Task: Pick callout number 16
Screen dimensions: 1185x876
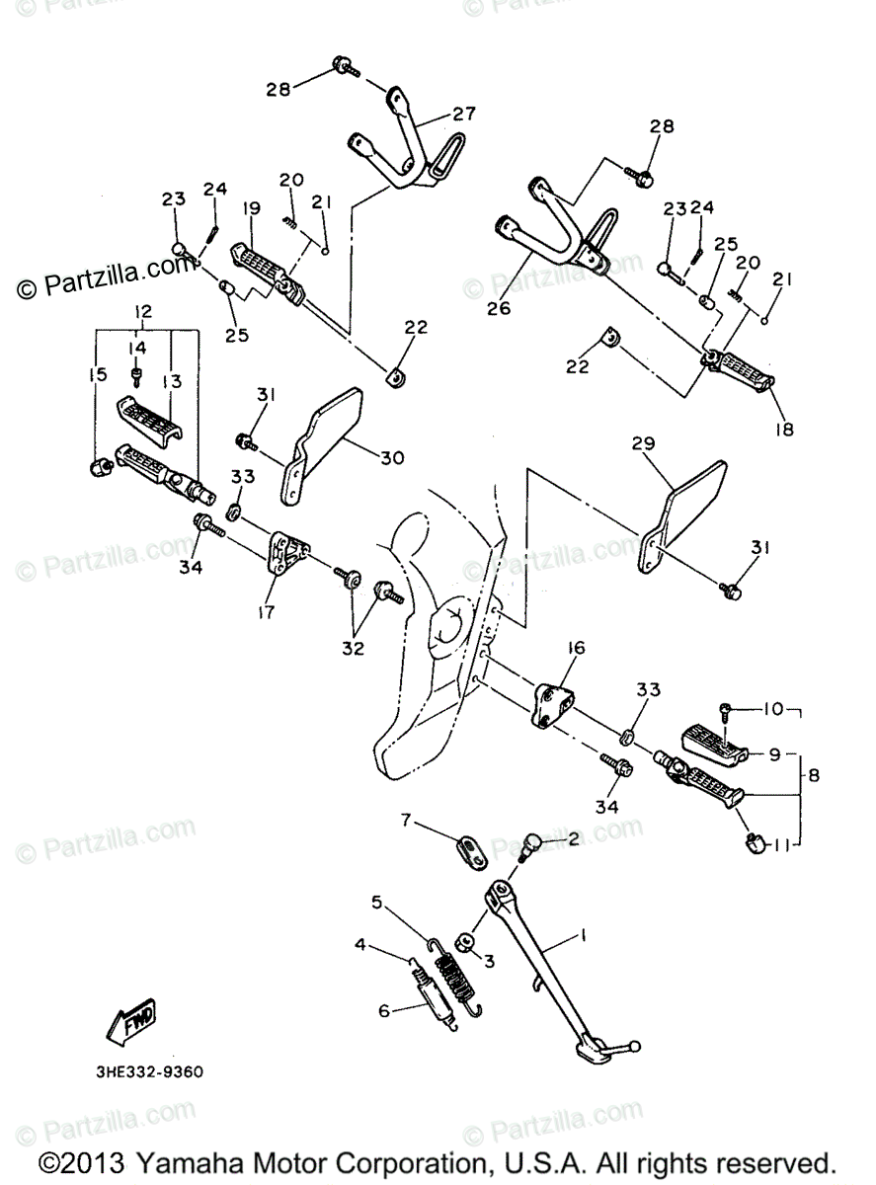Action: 576,648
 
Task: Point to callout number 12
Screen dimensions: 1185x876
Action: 142,312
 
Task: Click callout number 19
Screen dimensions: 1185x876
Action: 251,209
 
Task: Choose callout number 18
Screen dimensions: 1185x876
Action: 786,430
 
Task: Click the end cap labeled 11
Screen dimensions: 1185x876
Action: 756,842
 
